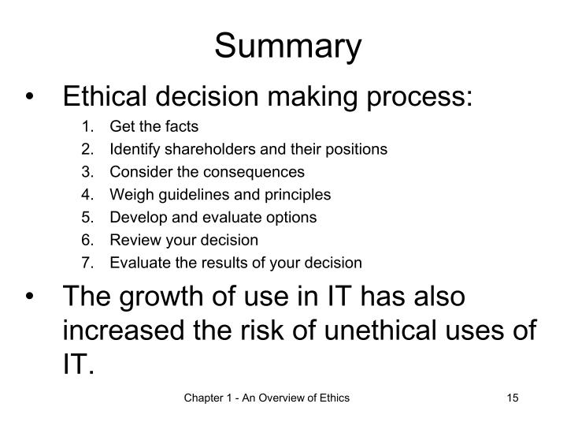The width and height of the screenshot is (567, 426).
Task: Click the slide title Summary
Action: pos(288,47)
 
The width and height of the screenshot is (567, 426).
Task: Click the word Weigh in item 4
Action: pos(128,195)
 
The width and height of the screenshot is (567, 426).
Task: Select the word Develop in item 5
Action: pos(134,217)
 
